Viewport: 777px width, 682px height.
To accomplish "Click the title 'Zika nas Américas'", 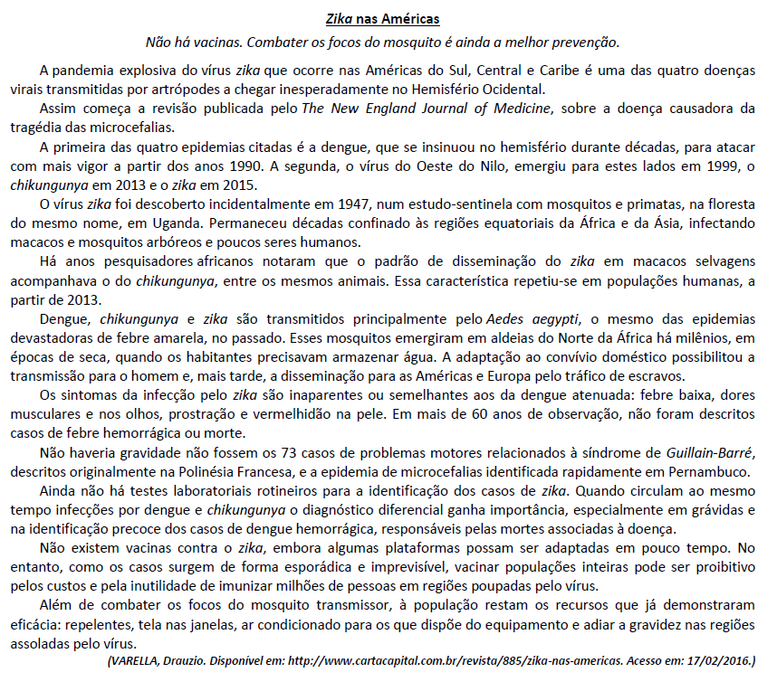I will point(384,18).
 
